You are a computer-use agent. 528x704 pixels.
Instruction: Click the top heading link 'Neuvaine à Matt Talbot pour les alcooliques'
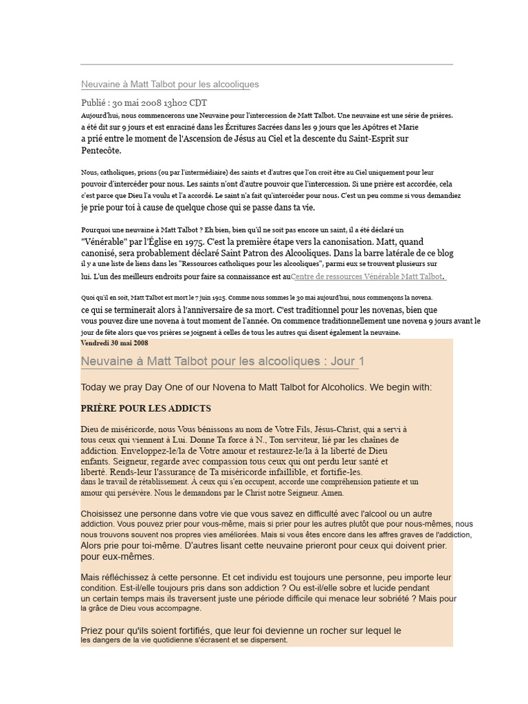(x=170, y=85)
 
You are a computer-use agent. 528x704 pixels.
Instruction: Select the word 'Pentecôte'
(x=101, y=150)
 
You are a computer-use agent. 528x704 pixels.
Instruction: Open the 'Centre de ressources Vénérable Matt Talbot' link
(x=367, y=276)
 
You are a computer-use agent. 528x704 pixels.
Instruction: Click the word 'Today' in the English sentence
(x=93, y=388)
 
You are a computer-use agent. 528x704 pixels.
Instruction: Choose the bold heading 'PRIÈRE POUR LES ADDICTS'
(x=146, y=408)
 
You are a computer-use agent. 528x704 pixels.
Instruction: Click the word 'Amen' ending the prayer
(x=331, y=493)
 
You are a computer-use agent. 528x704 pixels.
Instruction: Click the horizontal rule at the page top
(x=267, y=65)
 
